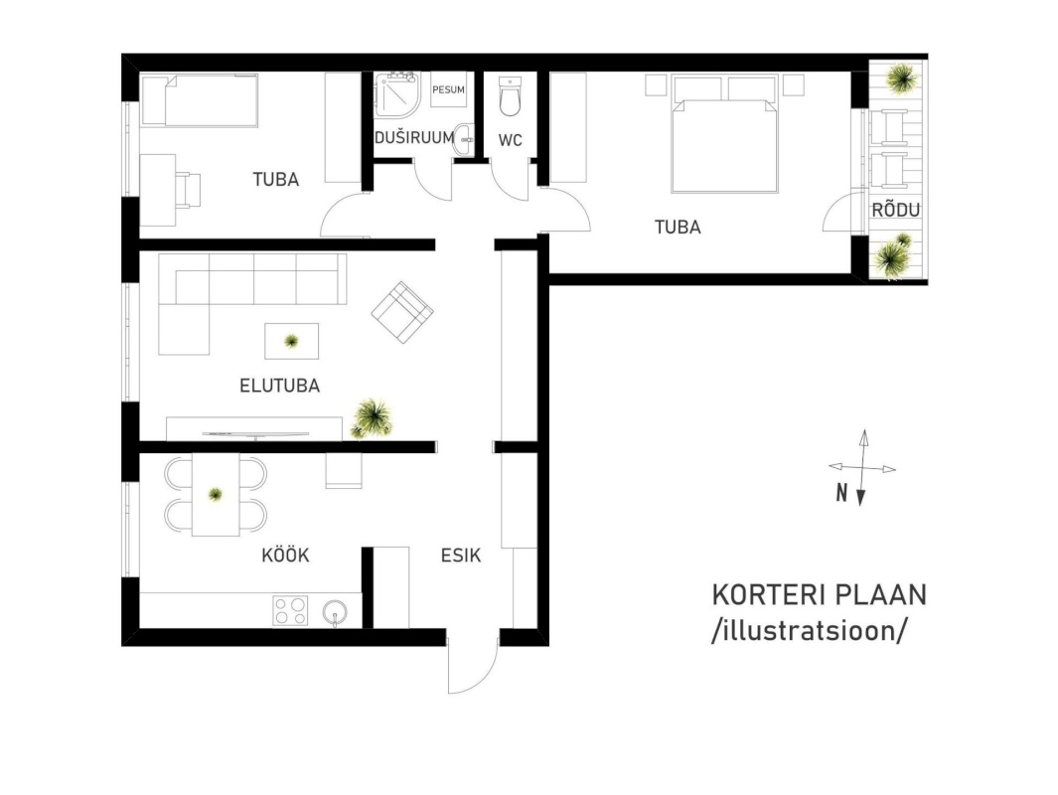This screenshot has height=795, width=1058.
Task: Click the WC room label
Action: tap(510, 140)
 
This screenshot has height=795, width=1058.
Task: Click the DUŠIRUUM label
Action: tap(413, 138)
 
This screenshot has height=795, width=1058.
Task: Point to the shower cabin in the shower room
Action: tap(396, 95)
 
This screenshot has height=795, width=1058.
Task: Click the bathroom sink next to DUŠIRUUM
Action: tap(464, 140)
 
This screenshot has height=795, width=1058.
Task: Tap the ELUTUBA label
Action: tap(279, 386)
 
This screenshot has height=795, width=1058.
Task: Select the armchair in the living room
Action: tap(402, 312)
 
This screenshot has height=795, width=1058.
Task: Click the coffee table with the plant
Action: tap(291, 341)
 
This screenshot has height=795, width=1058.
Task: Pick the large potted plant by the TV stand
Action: tap(372, 418)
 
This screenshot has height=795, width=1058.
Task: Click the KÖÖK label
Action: tap(285, 556)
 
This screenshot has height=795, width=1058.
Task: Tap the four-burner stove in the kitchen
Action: tap(290, 610)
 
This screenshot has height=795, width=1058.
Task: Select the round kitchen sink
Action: tap(336, 612)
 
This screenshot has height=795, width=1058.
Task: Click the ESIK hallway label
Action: tap(461, 556)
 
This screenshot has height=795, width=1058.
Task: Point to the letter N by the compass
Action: tap(841, 493)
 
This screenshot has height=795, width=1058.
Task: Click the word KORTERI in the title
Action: tap(769, 595)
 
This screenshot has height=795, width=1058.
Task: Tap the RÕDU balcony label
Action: tap(895, 210)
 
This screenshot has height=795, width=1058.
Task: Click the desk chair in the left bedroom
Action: tap(188, 188)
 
